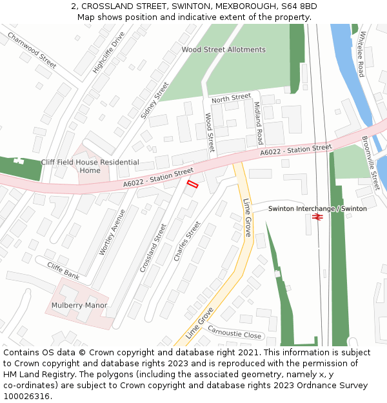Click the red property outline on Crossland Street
click(x=192, y=184)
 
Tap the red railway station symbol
click(x=317, y=218)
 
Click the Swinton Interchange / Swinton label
click(x=317, y=209)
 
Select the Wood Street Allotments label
click(x=223, y=50)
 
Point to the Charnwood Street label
click(x=32, y=50)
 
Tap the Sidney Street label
click(x=155, y=100)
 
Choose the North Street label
click(x=231, y=98)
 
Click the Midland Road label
click(x=258, y=123)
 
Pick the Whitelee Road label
click(x=362, y=54)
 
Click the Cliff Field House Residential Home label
click(x=90, y=166)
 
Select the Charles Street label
click(x=187, y=241)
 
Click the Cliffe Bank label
click(x=63, y=271)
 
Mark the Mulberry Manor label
click(x=79, y=305)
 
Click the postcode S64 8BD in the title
click(x=301, y=6)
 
